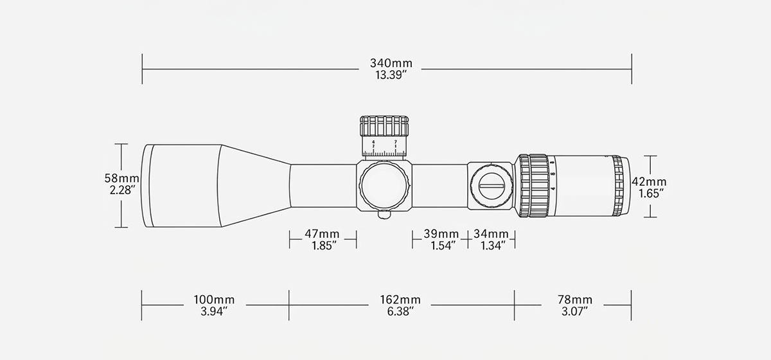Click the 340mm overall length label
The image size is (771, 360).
(391, 63)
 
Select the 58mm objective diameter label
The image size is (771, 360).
(122, 178)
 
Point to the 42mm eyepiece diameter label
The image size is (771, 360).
(649, 181)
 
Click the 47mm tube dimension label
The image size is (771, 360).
(322, 234)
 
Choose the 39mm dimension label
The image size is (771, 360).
(441, 234)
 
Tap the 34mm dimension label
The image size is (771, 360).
(491, 234)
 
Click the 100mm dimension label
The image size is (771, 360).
(214, 300)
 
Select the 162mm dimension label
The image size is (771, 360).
(400, 300)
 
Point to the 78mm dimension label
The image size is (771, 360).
(575, 300)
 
